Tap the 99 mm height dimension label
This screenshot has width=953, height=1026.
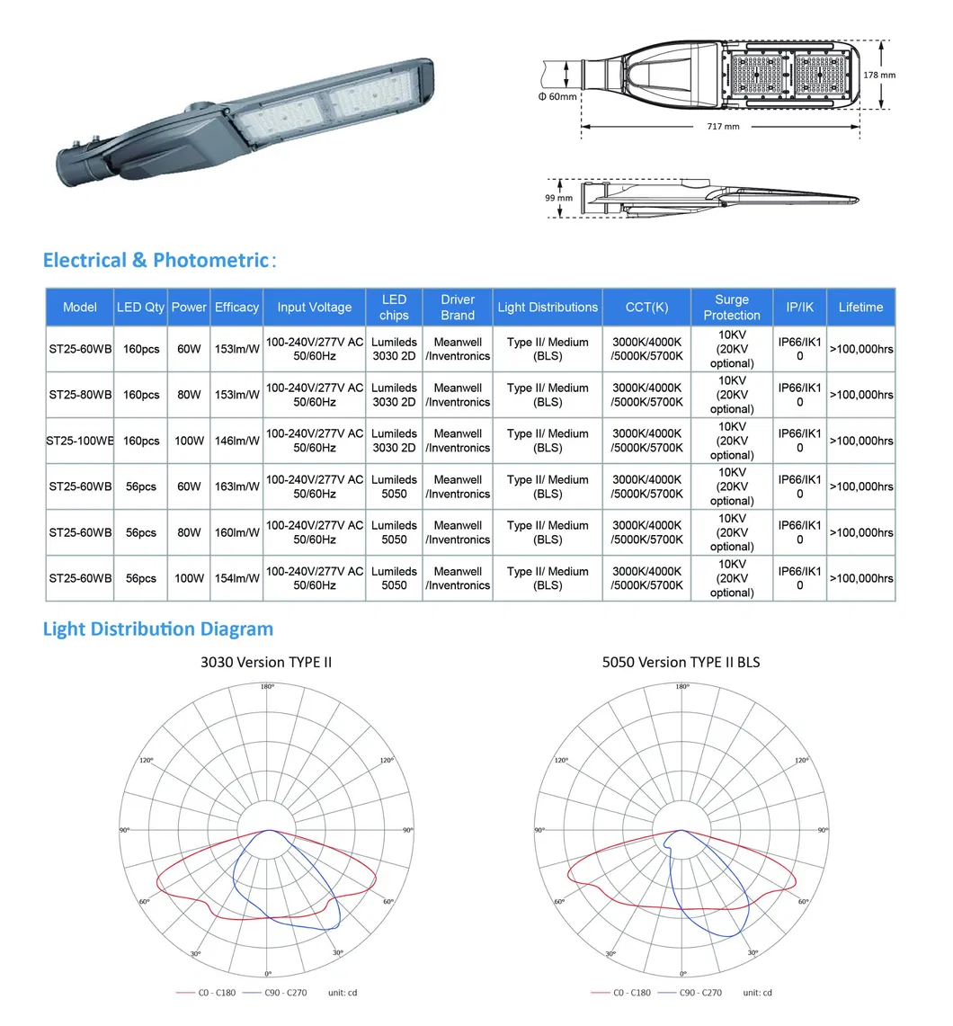(558, 198)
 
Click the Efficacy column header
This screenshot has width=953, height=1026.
(236, 308)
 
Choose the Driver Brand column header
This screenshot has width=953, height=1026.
(458, 308)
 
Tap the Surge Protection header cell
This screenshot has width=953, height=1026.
(731, 308)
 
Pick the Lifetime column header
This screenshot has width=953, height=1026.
(860, 308)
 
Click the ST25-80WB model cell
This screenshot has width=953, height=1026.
(80, 395)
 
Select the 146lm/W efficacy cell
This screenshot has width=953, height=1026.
(236, 441)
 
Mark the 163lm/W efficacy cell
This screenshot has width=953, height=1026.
(236, 486)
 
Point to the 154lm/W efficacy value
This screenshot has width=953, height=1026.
(236, 578)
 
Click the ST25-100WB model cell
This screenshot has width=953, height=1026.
(80, 441)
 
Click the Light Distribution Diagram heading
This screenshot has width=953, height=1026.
(158, 629)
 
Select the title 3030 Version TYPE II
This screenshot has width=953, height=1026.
(266, 663)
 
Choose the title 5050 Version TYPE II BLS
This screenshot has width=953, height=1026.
(681, 663)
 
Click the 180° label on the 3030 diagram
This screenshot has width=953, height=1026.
(267, 687)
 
